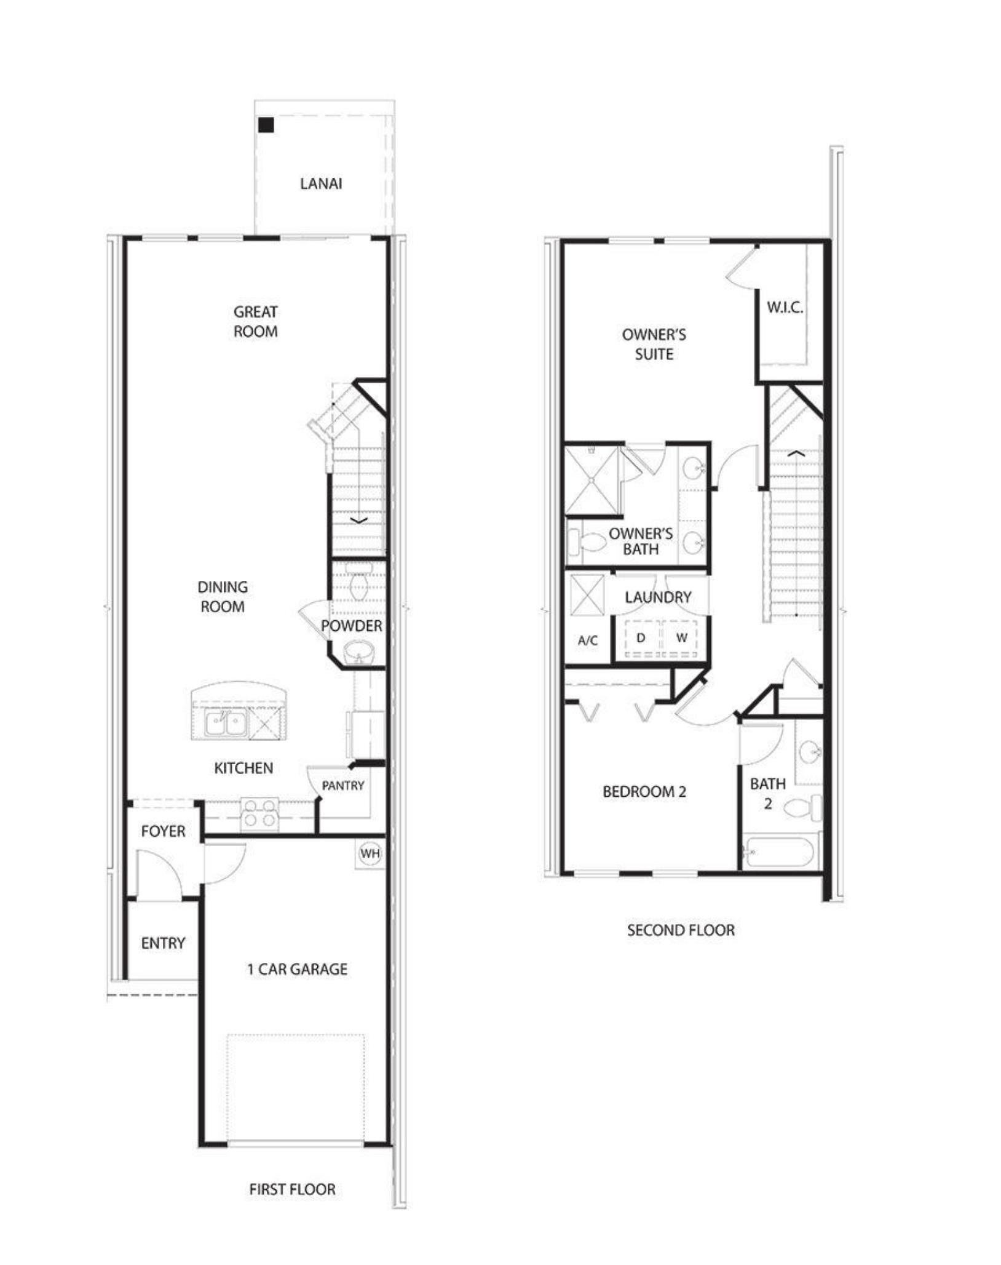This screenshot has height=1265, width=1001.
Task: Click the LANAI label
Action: pyautogui.click(x=321, y=183)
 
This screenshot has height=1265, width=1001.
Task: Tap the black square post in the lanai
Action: pyautogui.click(x=266, y=126)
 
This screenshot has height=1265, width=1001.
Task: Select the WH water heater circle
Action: pyautogui.click(x=370, y=853)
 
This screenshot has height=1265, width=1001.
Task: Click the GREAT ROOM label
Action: pyautogui.click(x=255, y=322)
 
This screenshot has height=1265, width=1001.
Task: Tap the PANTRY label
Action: pyautogui.click(x=342, y=786)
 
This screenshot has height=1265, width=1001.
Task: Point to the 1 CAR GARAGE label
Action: pyautogui.click(x=297, y=969)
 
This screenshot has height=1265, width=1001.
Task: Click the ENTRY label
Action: pyautogui.click(x=163, y=943)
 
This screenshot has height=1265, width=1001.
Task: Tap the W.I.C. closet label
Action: pyautogui.click(x=785, y=308)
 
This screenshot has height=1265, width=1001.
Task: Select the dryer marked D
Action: pyautogui.click(x=641, y=638)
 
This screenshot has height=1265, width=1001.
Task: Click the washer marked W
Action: pyautogui.click(x=681, y=638)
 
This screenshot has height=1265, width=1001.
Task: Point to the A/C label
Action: pyautogui.click(x=587, y=640)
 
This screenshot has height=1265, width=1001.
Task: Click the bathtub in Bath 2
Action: pyautogui.click(x=779, y=853)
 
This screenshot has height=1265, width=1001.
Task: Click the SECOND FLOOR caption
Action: pyautogui.click(x=681, y=930)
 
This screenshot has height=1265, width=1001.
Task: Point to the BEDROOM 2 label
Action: pyautogui.click(x=644, y=791)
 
